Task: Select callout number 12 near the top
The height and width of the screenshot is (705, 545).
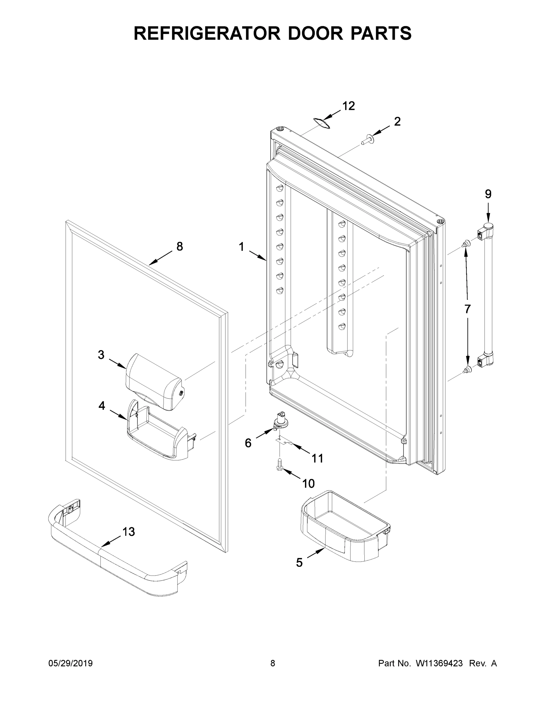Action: click(348, 106)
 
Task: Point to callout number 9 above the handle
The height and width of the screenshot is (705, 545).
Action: click(488, 194)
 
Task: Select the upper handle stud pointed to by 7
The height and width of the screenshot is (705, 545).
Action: click(466, 244)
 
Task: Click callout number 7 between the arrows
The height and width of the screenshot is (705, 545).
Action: click(467, 309)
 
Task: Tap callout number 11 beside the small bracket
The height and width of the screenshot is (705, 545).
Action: click(317, 458)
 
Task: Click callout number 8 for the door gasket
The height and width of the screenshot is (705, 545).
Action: click(180, 247)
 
